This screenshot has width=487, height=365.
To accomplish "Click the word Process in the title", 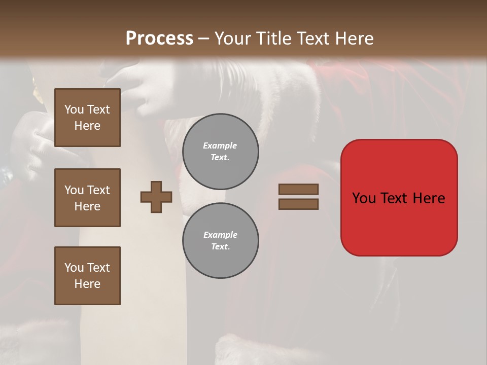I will click(x=159, y=39).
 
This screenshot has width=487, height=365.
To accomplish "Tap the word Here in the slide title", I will click(x=354, y=39).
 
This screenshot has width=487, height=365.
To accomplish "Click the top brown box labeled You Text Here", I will click(x=87, y=118).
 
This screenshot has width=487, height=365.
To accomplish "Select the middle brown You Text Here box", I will click(x=87, y=198).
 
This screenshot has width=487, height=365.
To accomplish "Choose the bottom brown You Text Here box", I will click(x=87, y=276).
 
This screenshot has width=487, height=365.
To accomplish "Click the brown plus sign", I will click(x=156, y=197).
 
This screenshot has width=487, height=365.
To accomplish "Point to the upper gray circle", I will click(x=220, y=152).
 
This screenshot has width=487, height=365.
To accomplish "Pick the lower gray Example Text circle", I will click(x=220, y=240).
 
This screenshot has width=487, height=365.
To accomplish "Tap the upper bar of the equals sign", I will click(x=298, y=189).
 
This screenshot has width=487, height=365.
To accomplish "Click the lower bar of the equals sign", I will click(x=298, y=204).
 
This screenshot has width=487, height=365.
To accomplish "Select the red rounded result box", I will click(x=399, y=198).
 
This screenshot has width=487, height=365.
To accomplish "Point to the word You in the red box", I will click(x=364, y=198).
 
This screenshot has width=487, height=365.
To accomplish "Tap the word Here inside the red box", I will click(x=429, y=198).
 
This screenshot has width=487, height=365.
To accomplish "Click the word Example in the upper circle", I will click(x=220, y=145).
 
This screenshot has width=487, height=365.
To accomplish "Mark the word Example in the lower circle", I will click(x=220, y=235).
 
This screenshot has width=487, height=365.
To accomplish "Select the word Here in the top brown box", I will click(x=87, y=126).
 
